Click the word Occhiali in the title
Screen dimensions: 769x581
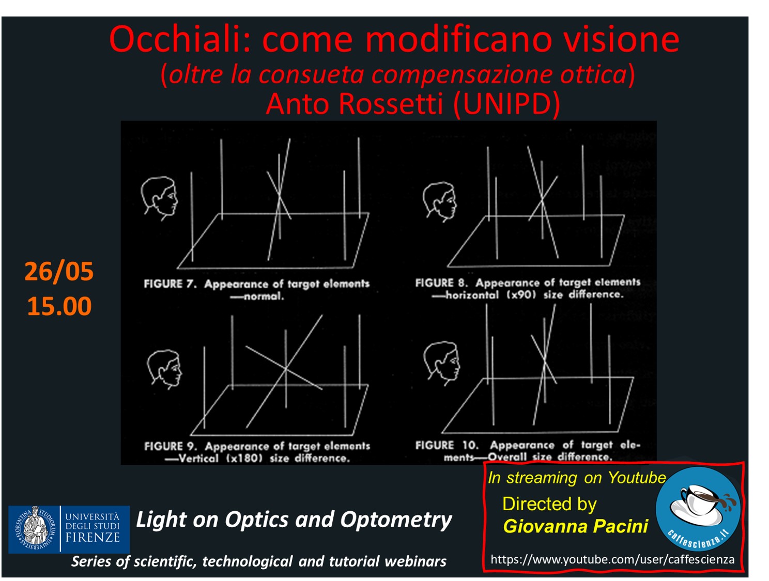coord(179,39)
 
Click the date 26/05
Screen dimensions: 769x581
coord(59,272)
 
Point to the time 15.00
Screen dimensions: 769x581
coord(59,306)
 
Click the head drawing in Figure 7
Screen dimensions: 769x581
coord(159,198)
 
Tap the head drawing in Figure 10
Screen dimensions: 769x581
coord(441,363)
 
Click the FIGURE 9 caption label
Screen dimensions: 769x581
coord(171,446)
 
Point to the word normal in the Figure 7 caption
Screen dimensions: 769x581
coord(264,296)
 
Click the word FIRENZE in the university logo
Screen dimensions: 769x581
coord(93,537)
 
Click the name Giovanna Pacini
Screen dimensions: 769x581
coord(576,526)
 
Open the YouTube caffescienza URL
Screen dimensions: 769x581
coord(612,559)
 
